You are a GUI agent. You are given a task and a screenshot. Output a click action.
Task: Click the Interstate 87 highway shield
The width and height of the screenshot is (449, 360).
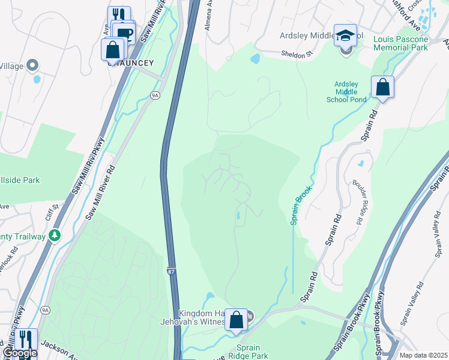[172, 272]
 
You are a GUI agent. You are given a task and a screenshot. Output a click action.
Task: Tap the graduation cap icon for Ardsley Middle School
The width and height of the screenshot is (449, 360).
[345, 36]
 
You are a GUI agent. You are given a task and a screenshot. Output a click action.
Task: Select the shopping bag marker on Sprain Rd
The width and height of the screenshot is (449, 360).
[382, 88]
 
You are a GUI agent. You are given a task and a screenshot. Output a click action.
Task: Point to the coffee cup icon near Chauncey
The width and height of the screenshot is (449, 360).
[124, 33]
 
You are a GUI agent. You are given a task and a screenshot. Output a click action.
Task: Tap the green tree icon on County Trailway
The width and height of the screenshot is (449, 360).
[55, 235]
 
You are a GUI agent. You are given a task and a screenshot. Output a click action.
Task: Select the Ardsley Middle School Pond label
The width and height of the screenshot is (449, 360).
[342, 92]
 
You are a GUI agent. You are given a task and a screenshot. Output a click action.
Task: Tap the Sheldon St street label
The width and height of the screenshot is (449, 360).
[298, 54]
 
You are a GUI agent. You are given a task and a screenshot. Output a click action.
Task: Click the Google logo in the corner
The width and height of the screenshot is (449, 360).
[20, 353]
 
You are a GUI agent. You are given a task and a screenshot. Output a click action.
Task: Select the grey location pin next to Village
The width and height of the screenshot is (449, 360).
[32, 65]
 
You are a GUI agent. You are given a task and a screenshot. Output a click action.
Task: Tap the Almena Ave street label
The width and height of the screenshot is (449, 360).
[210, 21]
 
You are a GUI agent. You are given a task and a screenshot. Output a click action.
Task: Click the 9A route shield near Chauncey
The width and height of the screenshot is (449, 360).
[155, 95]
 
